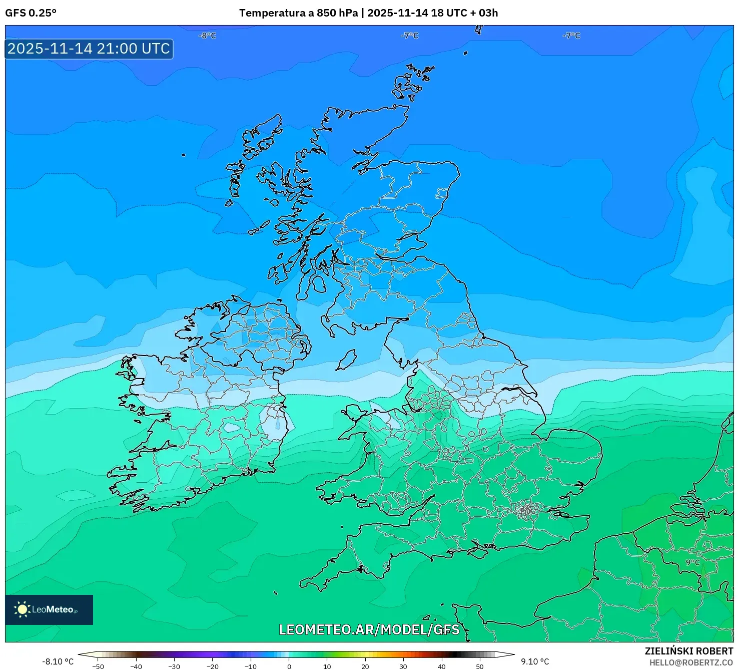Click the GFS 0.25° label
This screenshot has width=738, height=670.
point(31,13)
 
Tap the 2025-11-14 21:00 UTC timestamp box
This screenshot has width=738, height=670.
point(89,49)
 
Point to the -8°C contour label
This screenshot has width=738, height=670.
point(207,36)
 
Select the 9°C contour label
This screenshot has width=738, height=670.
point(692,562)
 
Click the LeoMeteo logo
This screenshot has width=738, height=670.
point(49,609)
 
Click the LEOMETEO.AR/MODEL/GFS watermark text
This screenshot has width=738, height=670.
point(369,629)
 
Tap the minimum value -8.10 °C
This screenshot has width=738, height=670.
point(58,661)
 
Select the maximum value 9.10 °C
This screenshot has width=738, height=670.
point(535,661)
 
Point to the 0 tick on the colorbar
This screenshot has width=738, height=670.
point(289,666)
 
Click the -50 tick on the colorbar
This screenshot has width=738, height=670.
point(98,666)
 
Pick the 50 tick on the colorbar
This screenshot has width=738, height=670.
point(480,666)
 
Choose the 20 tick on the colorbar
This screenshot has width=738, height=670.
point(365,666)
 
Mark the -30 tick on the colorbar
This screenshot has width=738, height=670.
point(174,666)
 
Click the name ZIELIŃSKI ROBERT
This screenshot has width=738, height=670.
point(688,651)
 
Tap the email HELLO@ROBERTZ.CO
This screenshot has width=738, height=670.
point(691,662)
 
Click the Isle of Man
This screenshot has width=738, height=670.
point(346,360)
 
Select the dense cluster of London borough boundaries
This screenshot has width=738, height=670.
point(526,510)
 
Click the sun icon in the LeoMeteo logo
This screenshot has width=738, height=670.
point(22,609)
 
